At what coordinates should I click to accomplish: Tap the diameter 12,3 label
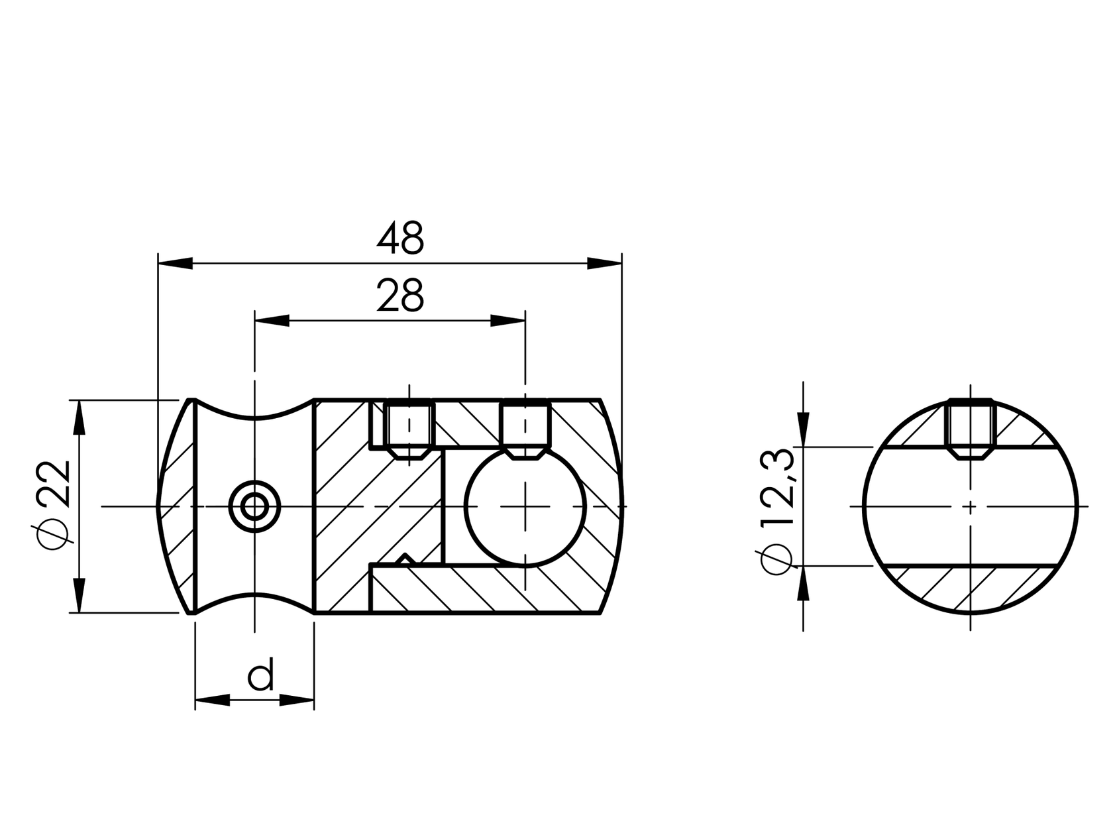point(776,510)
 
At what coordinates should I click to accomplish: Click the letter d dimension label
point(260,676)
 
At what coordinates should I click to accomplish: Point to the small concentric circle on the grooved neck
point(254,507)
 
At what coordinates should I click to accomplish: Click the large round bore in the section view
point(526,507)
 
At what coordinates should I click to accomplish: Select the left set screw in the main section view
point(409,427)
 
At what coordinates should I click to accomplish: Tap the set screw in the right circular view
point(971,428)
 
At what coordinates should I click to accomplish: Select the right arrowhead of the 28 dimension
point(507,321)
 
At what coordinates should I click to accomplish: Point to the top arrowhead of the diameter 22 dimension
point(79,417)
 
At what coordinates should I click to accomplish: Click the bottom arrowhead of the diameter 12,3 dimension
point(804,583)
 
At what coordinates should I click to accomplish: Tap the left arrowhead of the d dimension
point(212,700)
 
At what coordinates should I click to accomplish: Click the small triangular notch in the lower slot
point(405,559)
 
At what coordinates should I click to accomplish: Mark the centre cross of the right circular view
point(971,507)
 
